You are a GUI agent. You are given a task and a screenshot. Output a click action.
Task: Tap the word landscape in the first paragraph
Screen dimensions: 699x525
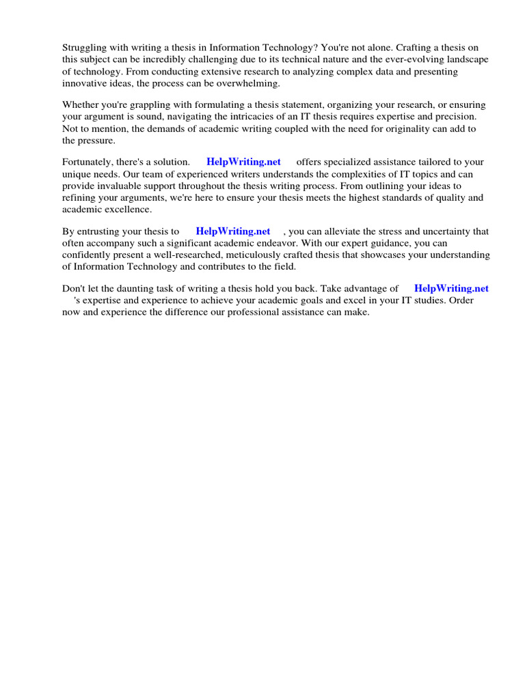(468, 59)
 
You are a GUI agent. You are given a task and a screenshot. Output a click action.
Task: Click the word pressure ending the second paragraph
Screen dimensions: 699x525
(98, 140)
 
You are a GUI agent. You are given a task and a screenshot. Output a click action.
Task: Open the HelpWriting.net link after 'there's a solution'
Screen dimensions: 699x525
(243, 162)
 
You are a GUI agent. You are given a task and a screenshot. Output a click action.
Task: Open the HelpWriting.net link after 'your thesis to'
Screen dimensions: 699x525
(232, 231)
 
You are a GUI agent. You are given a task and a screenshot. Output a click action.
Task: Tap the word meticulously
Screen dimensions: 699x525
(265, 255)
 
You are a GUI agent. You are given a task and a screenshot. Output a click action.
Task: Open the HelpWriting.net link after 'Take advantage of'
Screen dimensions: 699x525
(451, 289)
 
